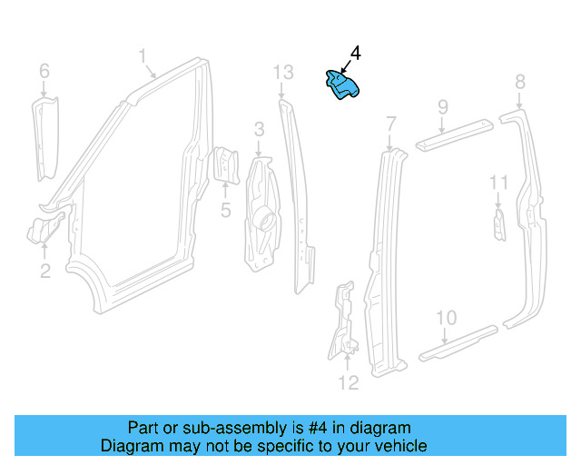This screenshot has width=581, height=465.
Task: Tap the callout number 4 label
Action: click(355, 54)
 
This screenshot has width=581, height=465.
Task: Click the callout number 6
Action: click(44, 70)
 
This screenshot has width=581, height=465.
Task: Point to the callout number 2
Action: click(44, 270)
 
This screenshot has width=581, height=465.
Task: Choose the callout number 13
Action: click(283, 72)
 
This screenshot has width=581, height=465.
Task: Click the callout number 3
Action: click(259, 129)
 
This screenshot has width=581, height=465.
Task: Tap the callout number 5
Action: click(225, 211)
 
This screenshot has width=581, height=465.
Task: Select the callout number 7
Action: click(390, 123)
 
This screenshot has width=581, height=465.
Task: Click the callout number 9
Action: click(442, 107)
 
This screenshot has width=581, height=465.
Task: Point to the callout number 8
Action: click(519, 83)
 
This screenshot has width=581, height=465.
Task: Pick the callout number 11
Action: click(499, 183)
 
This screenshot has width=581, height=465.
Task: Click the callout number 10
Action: click(445, 317)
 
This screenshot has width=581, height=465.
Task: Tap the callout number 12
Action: click(349, 382)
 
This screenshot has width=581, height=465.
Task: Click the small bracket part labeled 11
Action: click(498, 225)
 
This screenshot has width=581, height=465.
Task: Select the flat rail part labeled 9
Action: click(454, 133)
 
